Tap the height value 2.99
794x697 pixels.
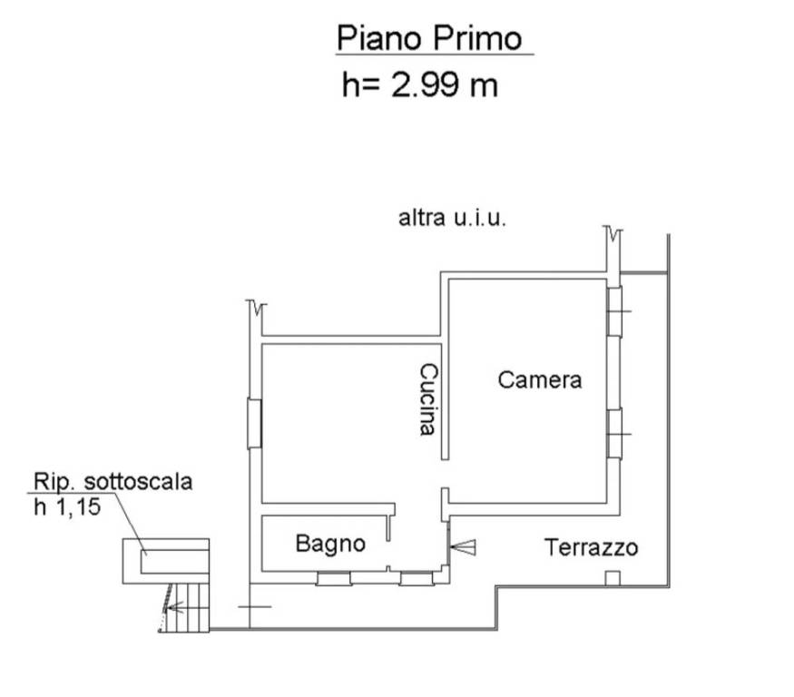426,84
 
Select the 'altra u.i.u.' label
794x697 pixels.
452,218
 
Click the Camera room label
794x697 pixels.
539,380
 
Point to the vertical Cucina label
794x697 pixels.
428,398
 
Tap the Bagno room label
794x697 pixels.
330,544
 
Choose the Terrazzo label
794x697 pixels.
591,547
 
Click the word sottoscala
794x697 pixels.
138,481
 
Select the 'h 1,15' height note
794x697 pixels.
67,507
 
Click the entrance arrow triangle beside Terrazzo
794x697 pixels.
463,547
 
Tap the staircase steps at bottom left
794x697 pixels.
186,607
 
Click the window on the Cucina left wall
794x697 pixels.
254,424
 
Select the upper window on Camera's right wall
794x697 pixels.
614,311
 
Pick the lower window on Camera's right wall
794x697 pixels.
614,434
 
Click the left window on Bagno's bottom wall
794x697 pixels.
334,578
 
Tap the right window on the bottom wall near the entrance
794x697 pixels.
417,578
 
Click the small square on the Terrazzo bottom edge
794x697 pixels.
613,578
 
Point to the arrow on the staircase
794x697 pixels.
175,607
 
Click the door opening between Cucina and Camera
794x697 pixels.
445,474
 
